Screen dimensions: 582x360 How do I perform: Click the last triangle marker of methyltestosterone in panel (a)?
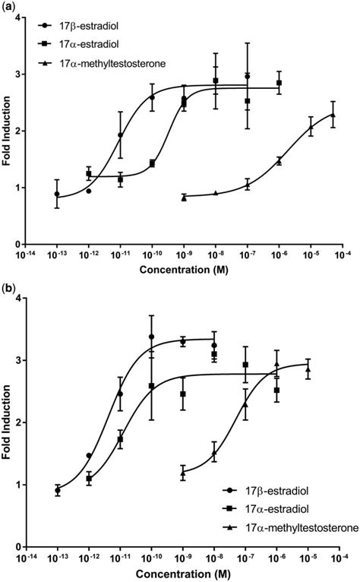point(333,115)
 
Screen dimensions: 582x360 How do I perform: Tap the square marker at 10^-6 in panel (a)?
point(279,83)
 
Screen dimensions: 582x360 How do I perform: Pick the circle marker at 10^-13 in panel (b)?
point(58,490)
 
